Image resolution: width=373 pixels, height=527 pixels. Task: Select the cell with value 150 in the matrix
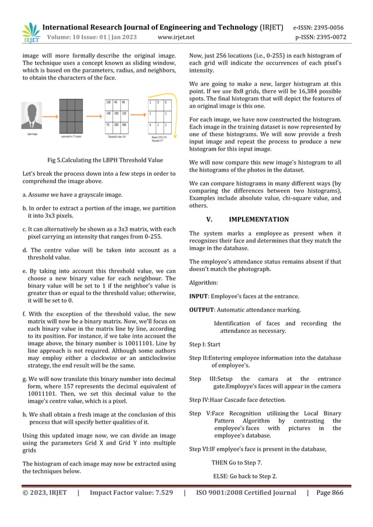point(109,102)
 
